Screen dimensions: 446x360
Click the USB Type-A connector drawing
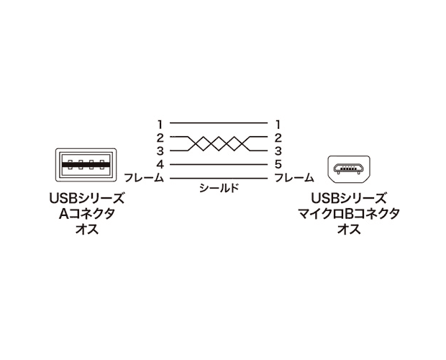(86, 165)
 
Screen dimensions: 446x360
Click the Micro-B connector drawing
(350, 168)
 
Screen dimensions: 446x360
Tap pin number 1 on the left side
(160, 125)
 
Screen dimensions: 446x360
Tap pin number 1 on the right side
(278, 125)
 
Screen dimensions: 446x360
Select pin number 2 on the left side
(160, 138)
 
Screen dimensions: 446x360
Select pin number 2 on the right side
(278, 138)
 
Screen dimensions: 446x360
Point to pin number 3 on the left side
(160, 151)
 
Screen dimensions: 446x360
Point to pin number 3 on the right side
(278, 151)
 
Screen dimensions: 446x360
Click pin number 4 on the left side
(160, 164)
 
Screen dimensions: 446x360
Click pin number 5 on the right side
(278, 164)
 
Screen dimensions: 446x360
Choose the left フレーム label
(144, 178)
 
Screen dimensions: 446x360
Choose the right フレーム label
(293, 178)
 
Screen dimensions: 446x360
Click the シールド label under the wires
(219, 188)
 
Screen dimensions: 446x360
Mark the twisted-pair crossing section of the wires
(219, 144)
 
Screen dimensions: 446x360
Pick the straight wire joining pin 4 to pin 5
(219, 164)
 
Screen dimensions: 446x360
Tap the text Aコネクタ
(87, 213)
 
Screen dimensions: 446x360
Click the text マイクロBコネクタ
(349, 213)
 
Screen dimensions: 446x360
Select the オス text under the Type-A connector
(87, 229)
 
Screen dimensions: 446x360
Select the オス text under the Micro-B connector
(350, 229)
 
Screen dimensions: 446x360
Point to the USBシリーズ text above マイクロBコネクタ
(349, 198)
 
